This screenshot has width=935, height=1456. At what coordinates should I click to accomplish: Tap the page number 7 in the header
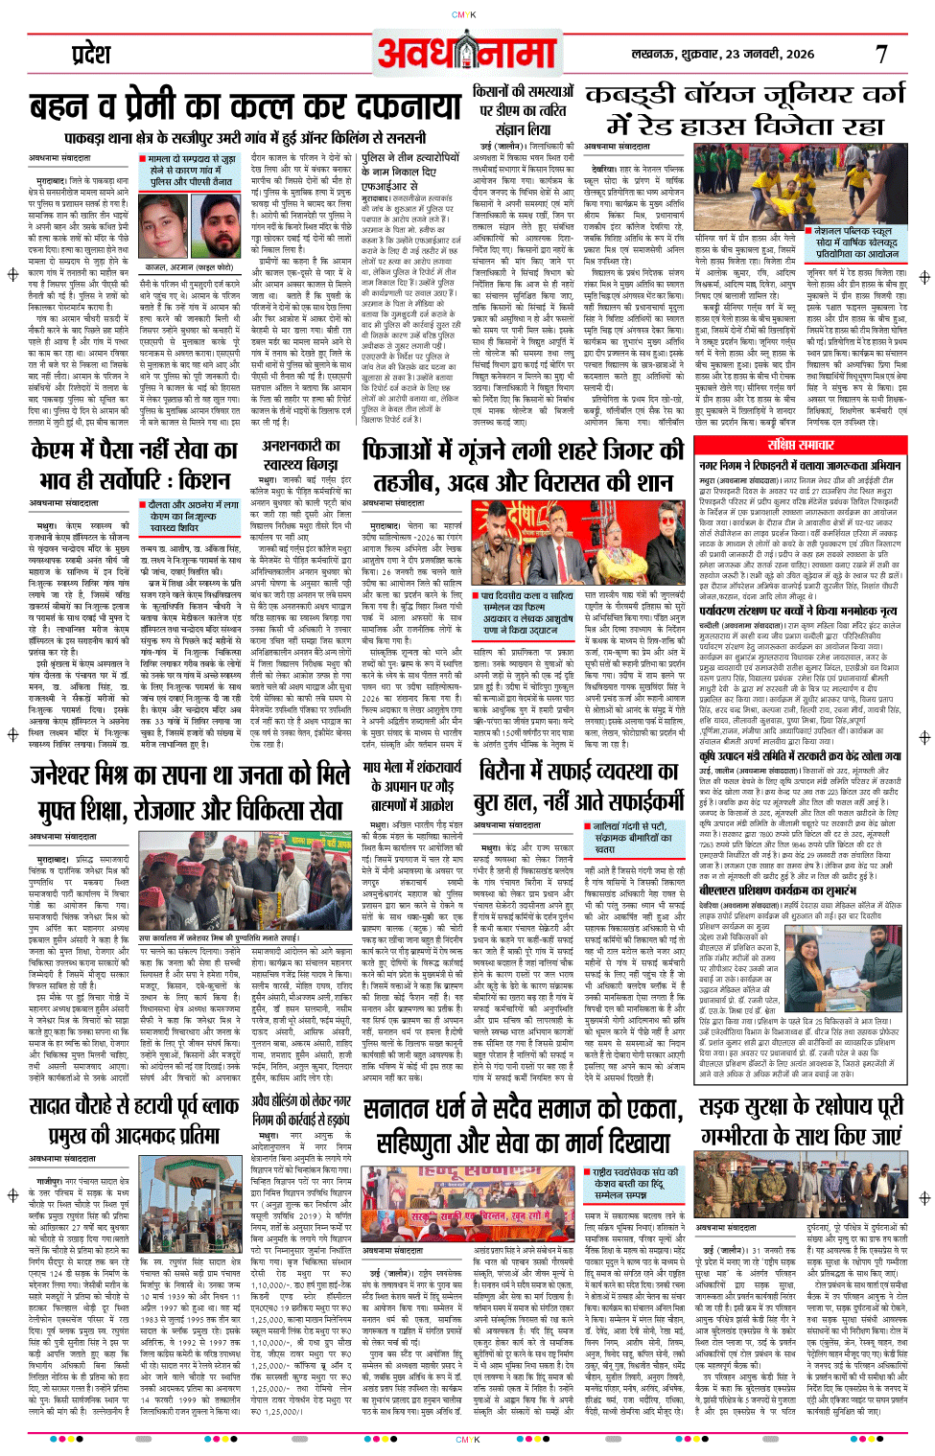click(881, 55)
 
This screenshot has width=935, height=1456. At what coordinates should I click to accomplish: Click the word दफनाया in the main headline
click(409, 105)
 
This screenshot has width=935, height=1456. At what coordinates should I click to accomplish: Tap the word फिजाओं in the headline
click(410, 451)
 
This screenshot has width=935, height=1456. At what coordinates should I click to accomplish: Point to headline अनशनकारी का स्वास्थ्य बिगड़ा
click(300, 455)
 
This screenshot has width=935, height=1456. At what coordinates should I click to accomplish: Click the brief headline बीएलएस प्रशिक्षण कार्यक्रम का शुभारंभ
click(799, 890)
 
